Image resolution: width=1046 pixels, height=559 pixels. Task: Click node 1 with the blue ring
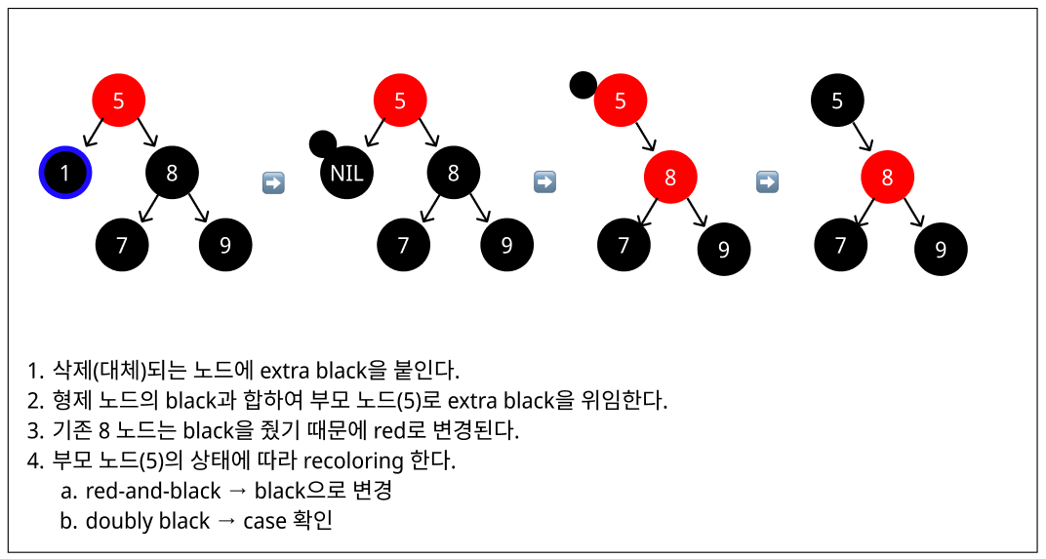click(x=65, y=174)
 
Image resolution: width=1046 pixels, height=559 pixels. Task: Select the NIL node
click(x=346, y=174)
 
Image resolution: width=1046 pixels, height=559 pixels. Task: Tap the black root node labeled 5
click(x=838, y=100)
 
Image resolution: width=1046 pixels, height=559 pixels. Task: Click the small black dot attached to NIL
click(x=322, y=144)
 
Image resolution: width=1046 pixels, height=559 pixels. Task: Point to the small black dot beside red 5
click(x=583, y=86)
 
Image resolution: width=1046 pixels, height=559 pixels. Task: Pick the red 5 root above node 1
click(x=118, y=100)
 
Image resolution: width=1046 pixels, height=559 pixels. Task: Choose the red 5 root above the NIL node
click(x=400, y=100)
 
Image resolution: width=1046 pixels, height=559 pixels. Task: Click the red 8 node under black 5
click(x=887, y=178)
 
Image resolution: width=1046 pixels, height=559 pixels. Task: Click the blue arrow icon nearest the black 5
click(x=767, y=181)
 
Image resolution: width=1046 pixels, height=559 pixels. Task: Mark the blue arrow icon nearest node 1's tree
click(x=273, y=182)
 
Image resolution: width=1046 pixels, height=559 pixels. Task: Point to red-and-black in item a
click(x=153, y=491)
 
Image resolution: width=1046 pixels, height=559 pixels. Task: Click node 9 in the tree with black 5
click(x=941, y=249)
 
